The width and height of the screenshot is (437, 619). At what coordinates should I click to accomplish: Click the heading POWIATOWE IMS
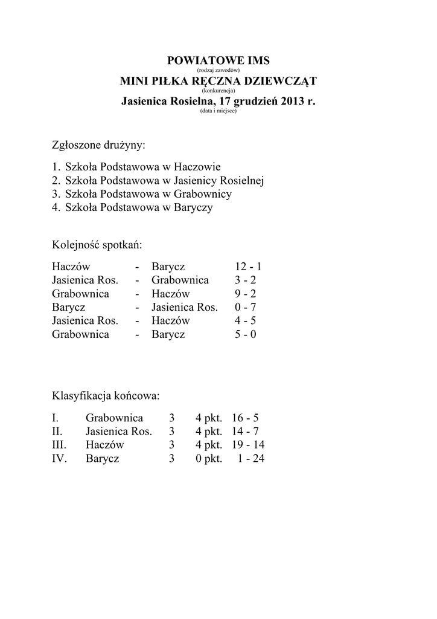[x=218, y=60]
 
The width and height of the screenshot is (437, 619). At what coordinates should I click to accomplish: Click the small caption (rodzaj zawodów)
[x=218, y=70]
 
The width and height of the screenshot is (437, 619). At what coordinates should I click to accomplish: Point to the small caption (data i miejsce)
[x=218, y=111]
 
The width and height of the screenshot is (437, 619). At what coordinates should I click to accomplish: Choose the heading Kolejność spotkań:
[x=97, y=245]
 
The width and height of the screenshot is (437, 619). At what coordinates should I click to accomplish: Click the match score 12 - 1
[x=249, y=267]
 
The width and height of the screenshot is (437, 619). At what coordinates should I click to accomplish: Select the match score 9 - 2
[x=246, y=294]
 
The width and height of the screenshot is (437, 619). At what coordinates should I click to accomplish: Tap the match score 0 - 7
[x=246, y=307]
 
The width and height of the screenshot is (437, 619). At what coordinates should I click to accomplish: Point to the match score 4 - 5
[x=246, y=321]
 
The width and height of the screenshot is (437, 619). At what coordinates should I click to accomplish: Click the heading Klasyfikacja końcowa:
[x=106, y=397]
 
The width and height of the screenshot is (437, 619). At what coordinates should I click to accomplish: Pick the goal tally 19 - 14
[x=248, y=445]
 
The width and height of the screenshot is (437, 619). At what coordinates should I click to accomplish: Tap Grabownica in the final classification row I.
[x=114, y=418]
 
